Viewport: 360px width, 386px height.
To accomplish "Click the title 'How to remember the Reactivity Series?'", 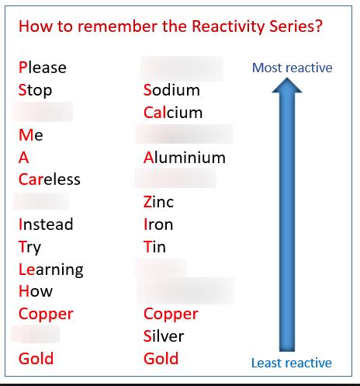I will point(171,26).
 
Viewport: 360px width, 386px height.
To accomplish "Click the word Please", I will point(43,68).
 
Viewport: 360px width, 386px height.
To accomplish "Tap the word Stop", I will point(36,90).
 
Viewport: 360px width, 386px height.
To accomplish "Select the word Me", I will point(31,135).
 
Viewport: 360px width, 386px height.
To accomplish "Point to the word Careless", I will point(50,179).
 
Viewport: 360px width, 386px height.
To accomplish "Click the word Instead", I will point(46,224).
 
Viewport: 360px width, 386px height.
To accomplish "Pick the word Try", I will point(30,247).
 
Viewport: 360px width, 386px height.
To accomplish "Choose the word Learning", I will point(51,270).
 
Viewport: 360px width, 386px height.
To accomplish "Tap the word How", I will point(36,292).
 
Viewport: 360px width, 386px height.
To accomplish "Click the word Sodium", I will point(171,90).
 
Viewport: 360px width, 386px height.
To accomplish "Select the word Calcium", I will point(173,113).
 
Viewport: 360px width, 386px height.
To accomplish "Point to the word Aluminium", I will point(185,158).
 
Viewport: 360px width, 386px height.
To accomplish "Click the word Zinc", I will point(159,202).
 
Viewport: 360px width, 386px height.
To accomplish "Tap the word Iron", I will point(158,224).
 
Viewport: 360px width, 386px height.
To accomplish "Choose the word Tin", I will point(155,247).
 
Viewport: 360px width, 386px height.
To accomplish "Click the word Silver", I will point(164,336).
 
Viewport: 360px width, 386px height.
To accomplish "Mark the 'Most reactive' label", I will point(292,68).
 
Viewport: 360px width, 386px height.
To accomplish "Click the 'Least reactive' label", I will point(292,363).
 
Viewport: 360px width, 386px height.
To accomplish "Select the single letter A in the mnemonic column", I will point(24,158).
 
